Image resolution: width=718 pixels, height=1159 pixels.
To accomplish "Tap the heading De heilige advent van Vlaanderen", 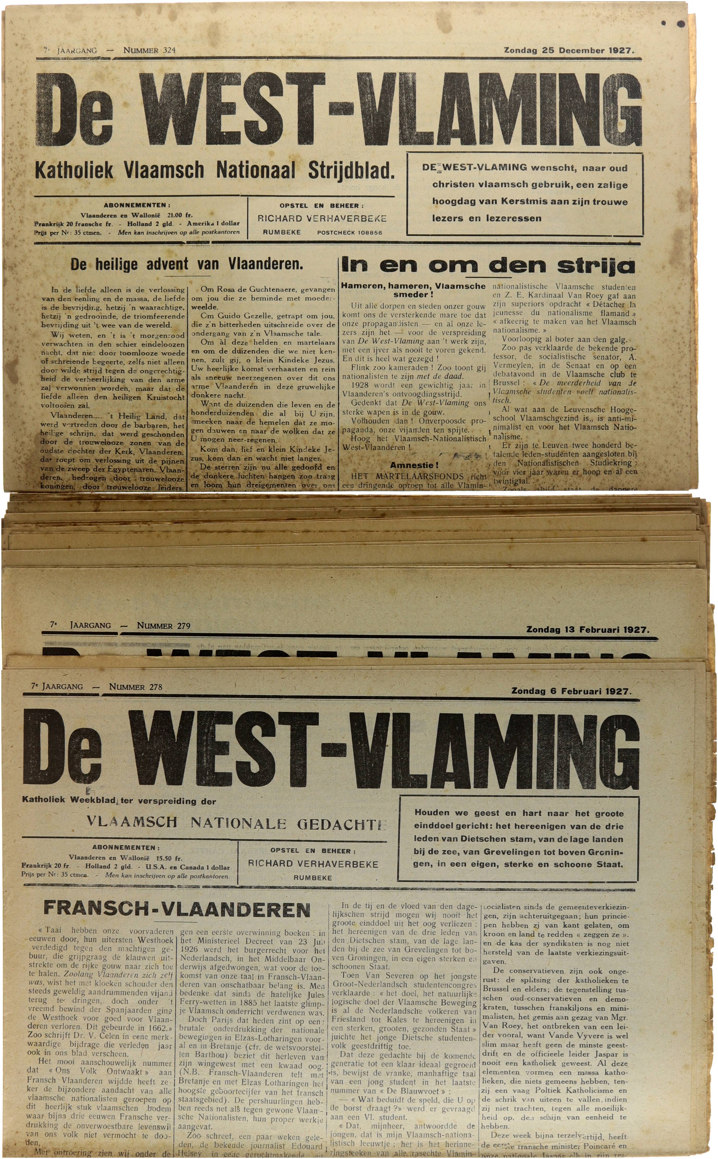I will (x=186, y=264).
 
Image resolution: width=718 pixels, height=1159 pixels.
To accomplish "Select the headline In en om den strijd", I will (x=488, y=266).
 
